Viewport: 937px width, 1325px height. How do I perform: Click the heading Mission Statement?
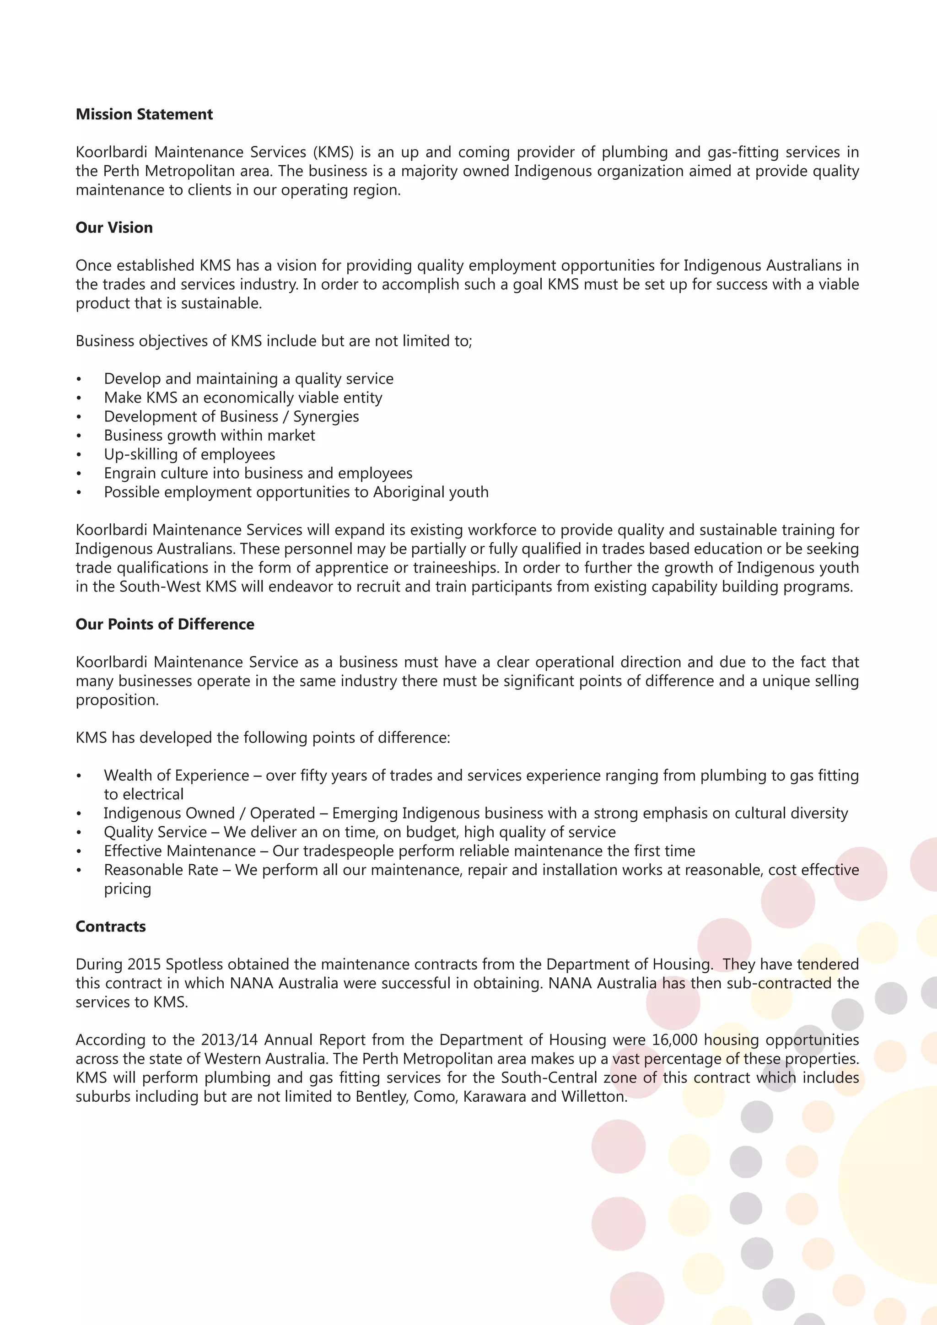(x=144, y=114)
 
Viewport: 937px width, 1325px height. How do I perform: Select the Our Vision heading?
(x=114, y=227)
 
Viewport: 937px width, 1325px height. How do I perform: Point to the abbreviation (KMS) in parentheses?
(x=334, y=152)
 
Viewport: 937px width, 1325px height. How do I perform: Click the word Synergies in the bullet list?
(x=326, y=417)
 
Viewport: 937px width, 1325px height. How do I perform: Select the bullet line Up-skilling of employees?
(x=189, y=454)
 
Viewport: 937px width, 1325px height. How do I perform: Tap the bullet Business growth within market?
(x=210, y=435)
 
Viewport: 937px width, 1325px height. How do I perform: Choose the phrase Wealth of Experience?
(x=177, y=776)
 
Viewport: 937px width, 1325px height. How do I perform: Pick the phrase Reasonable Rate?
(x=161, y=870)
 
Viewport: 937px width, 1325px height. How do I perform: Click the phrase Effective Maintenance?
(x=179, y=851)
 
